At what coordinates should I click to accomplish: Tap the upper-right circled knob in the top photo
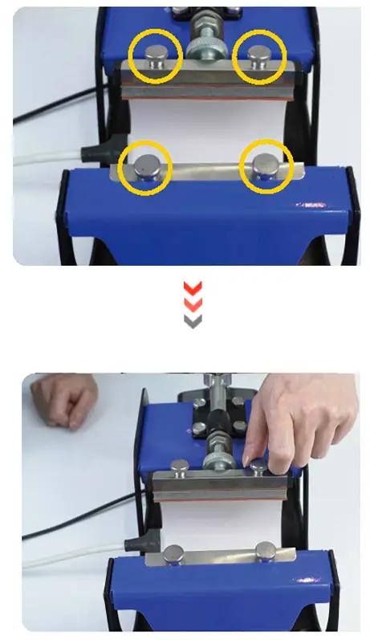tap(259, 55)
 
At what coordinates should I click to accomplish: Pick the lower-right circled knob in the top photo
tap(266, 165)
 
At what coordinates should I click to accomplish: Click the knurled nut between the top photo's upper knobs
tap(205, 47)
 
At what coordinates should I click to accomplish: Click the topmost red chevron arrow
tap(193, 287)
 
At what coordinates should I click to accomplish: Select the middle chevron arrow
tap(193, 304)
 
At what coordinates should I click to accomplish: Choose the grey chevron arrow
tap(193, 320)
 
